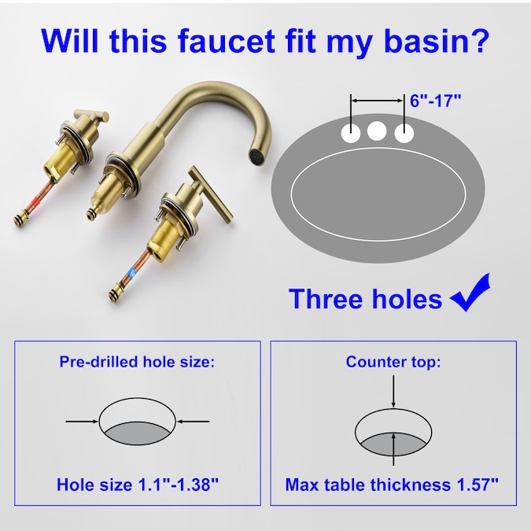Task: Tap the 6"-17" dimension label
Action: click(x=436, y=101)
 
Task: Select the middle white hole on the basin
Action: click(x=377, y=131)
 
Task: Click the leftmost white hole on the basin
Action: click(x=351, y=132)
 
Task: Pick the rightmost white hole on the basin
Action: click(x=404, y=133)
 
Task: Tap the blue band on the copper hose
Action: click(x=132, y=272)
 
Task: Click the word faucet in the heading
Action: click(x=227, y=40)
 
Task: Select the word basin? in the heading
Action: click(x=437, y=40)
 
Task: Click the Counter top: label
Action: click(x=393, y=362)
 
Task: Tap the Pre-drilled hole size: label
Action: click(x=137, y=362)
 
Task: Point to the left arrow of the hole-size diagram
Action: click(x=82, y=422)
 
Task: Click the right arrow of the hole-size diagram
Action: click(x=194, y=422)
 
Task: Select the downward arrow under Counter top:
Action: click(x=393, y=391)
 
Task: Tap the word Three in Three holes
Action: click(x=323, y=298)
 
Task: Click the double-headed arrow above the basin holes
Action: click(x=377, y=101)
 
